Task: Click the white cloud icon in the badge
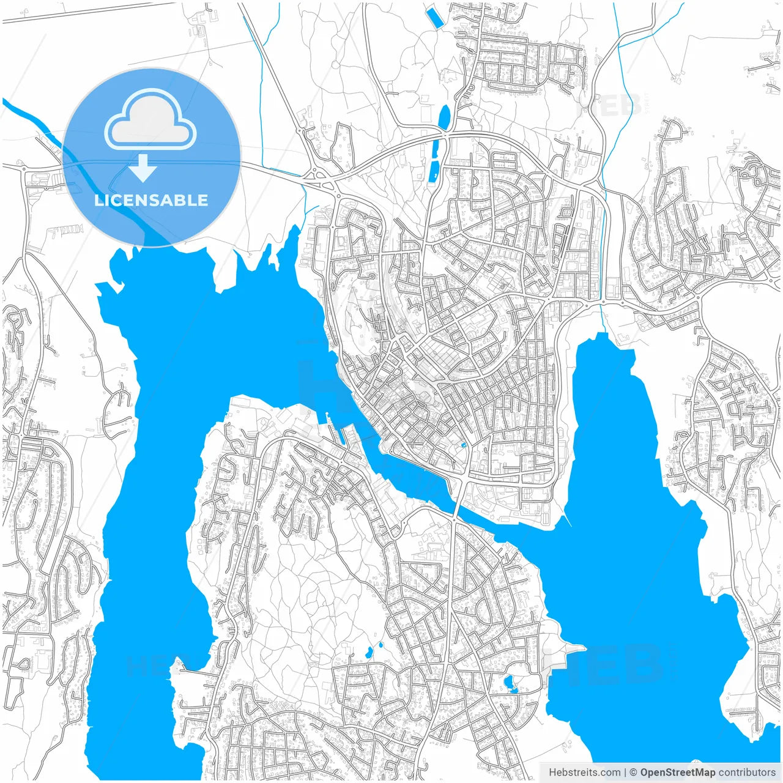(x=150, y=121)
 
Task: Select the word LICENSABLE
(x=151, y=200)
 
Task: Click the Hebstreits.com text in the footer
(x=584, y=773)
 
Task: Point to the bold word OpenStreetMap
(x=678, y=773)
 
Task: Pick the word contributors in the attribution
(x=747, y=773)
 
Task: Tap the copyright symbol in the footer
(x=633, y=773)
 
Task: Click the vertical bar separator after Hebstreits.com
(x=625, y=773)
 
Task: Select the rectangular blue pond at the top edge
(x=435, y=17)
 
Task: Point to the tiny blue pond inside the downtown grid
(x=464, y=445)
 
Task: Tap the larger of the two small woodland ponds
(x=369, y=653)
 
